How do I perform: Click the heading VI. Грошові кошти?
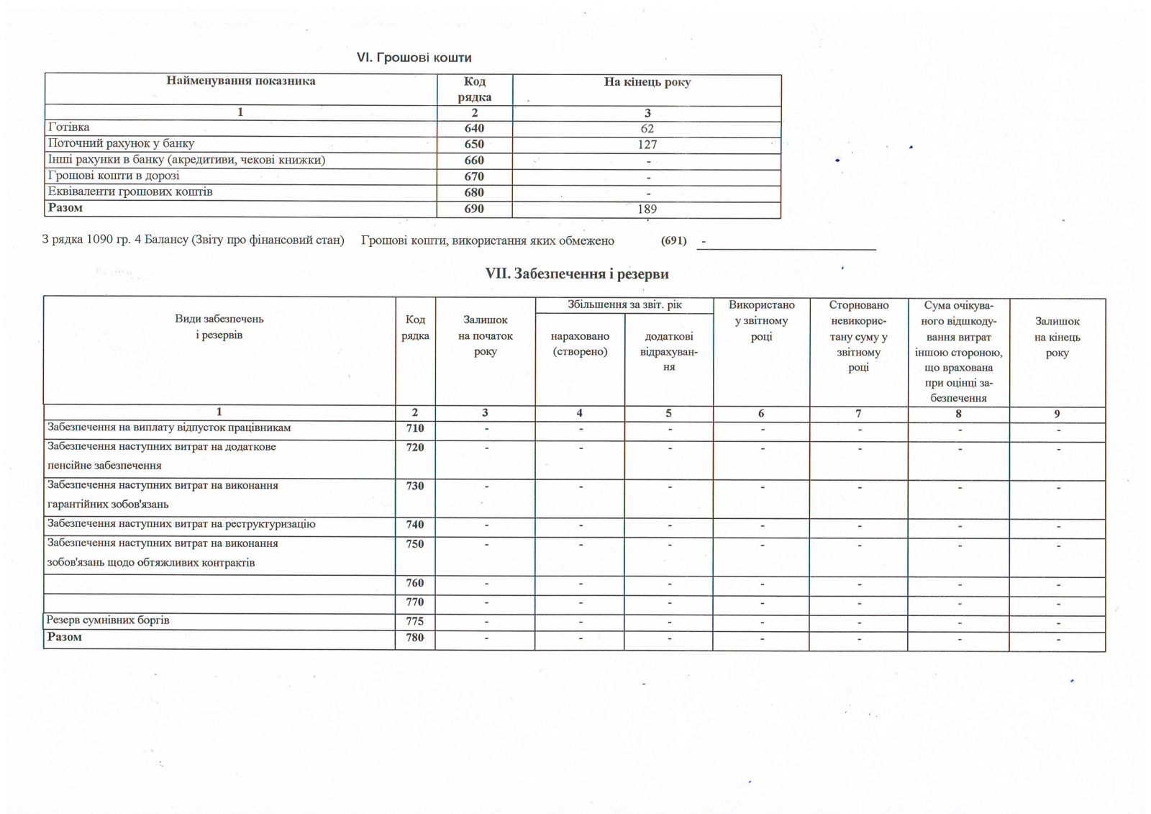point(414,58)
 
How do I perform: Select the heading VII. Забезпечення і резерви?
point(577,274)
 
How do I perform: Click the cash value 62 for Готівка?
point(647,129)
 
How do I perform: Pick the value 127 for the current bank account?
point(647,145)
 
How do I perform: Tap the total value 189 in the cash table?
point(647,209)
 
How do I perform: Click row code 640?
point(474,128)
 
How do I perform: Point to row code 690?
point(474,209)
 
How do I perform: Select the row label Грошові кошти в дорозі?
point(114,176)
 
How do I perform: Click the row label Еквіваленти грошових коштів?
point(130,192)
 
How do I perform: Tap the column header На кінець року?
point(647,82)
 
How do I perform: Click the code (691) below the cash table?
point(673,240)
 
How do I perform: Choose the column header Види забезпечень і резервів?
point(219,327)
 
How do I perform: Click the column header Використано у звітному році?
point(761,321)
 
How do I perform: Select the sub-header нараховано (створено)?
point(580,344)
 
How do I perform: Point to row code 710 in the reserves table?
point(415,428)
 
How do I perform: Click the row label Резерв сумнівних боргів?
point(108,620)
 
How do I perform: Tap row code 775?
point(415,621)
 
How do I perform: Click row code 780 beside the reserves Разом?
point(415,638)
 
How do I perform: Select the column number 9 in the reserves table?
point(1057,414)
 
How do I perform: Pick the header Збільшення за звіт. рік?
point(624,304)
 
